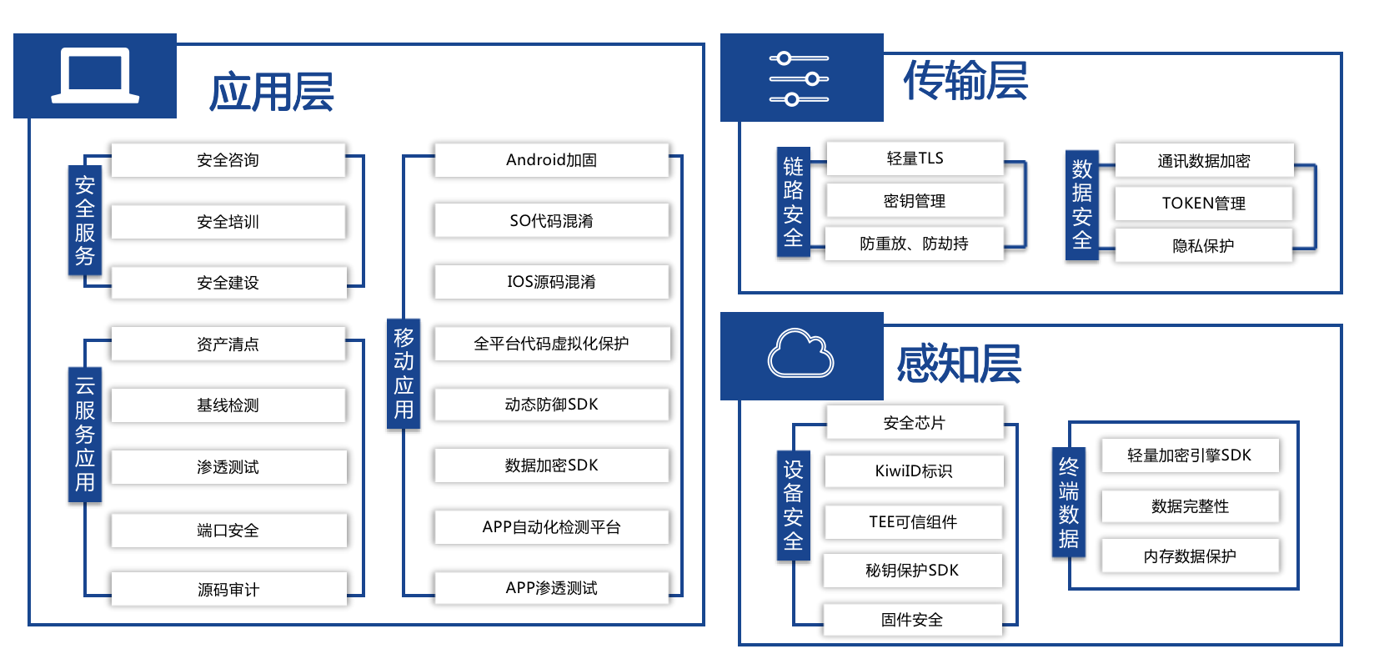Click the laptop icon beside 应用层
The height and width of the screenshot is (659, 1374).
(95, 76)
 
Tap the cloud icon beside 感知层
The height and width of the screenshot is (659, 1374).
(800, 354)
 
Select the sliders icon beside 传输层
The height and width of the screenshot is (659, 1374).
(799, 79)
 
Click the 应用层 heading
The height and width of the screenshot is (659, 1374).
(272, 92)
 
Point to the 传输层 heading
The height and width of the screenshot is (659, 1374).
(965, 81)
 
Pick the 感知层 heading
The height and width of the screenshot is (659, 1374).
(959, 365)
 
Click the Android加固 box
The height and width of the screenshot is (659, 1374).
(551, 160)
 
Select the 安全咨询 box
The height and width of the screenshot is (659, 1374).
(228, 160)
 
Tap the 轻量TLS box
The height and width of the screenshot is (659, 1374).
(915, 158)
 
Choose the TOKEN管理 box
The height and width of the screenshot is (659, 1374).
(1203, 204)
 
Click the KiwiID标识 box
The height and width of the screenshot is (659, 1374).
(914, 471)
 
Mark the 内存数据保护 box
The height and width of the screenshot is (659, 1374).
(1190, 556)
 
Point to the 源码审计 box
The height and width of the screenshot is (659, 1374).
(228, 590)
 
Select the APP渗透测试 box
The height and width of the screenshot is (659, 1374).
(551, 588)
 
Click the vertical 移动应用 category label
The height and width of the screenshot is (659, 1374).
(404, 374)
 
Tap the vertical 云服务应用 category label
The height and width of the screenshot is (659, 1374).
(85, 434)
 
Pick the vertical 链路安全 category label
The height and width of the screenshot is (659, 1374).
(793, 203)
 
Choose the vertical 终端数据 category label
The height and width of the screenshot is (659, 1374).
(1069, 503)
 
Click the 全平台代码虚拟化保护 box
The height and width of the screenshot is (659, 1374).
(551, 344)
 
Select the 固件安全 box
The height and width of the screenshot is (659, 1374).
(912, 620)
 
